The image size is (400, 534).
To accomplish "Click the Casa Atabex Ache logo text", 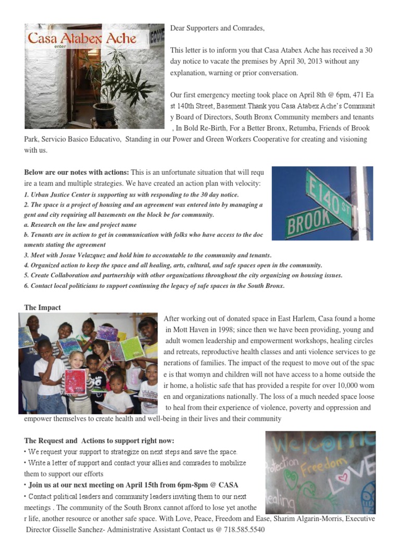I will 82,38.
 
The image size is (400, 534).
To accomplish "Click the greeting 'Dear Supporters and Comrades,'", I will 217,28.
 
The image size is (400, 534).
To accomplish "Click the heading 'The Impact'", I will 42,308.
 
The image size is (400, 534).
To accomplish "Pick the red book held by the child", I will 75,381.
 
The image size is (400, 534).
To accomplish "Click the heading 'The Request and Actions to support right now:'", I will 99,441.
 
